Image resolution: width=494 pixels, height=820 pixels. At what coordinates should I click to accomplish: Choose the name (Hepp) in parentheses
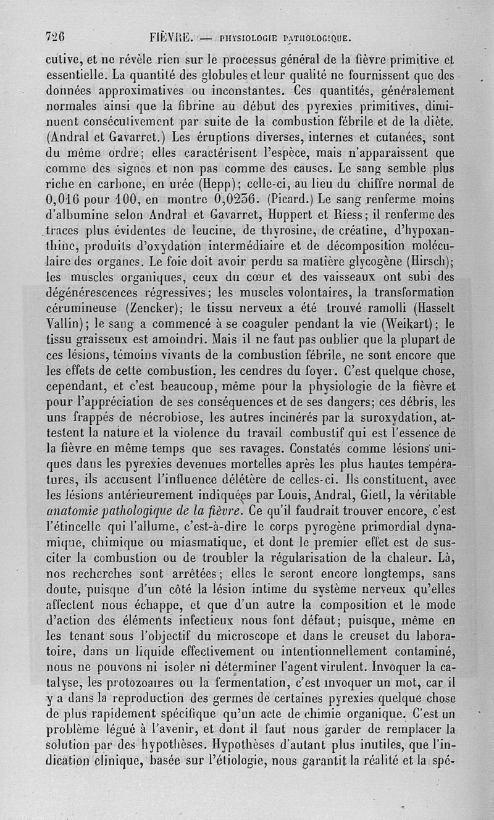229,183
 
